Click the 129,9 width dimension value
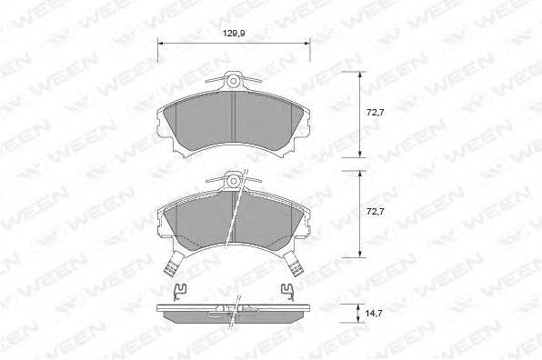234,34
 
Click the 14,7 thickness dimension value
374,314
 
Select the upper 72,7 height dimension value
375,113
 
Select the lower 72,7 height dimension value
375,212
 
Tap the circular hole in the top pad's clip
234,81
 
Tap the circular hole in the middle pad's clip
234,181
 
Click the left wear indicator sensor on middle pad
173,264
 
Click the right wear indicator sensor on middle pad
294,264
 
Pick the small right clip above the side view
286,290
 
